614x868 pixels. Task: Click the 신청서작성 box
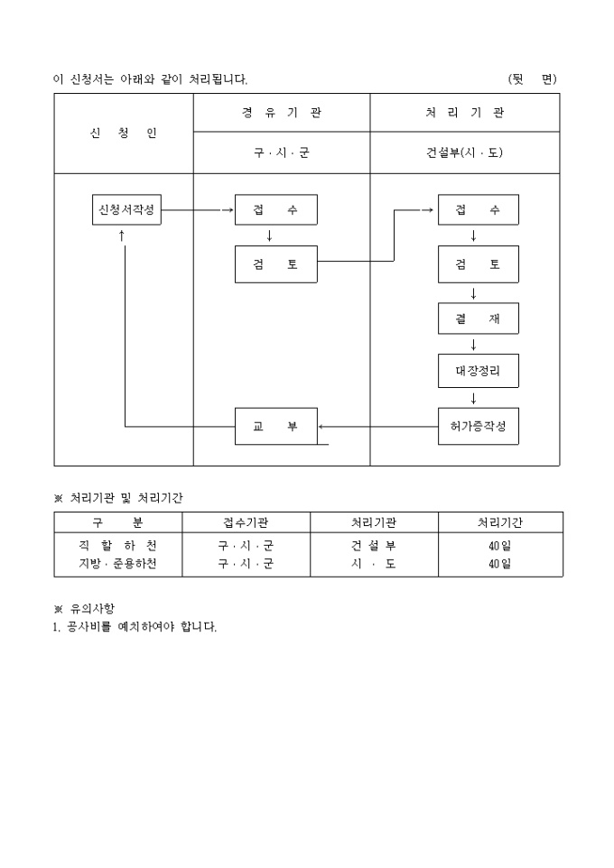pos(126,209)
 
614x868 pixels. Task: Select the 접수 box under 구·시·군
pos(275,209)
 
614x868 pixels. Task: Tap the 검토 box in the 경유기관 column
pos(275,263)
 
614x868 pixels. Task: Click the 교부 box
pos(275,426)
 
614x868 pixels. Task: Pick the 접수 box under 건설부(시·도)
pos(479,209)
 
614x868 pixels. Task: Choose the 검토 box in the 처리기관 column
pos(479,263)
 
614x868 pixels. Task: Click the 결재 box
pos(479,319)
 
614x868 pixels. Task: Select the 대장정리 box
pos(479,370)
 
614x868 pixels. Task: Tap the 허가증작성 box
pos(479,426)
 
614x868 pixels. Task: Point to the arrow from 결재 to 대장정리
pos(473,345)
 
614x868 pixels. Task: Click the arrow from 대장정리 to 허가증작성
pos(473,398)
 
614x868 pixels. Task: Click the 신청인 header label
pos(124,133)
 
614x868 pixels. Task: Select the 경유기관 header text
pos(282,113)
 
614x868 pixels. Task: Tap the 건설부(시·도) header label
pos(465,152)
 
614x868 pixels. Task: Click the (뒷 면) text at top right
pos(533,79)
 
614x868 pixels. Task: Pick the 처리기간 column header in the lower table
pos(500,522)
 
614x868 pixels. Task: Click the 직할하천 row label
pos(117,545)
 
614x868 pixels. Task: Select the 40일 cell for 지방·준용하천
pos(500,564)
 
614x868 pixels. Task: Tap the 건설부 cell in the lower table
pos(374,545)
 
